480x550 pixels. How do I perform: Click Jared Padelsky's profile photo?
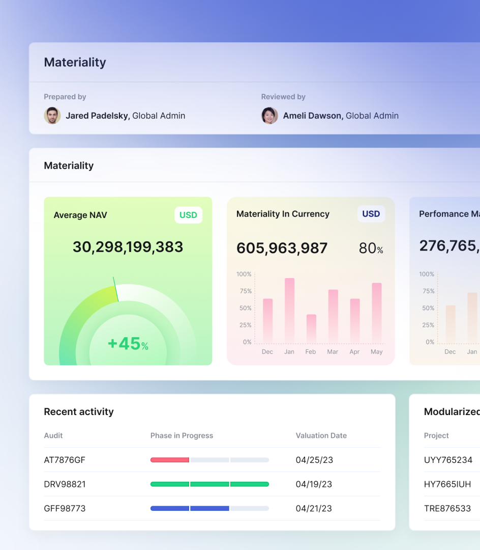pyautogui.click(x=52, y=116)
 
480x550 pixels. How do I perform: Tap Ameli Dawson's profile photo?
pyautogui.click(x=269, y=116)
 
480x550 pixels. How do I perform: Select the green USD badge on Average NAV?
pyautogui.click(x=188, y=215)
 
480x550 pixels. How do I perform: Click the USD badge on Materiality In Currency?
pyautogui.click(x=371, y=214)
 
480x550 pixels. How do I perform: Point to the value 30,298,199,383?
pyautogui.click(x=128, y=247)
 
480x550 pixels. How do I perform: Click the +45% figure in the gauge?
pyautogui.click(x=128, y=344)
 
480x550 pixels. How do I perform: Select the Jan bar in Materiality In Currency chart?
pyautogui.click(x=289, y=310)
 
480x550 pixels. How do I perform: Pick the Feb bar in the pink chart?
pyautogui.click(x=311, y=328)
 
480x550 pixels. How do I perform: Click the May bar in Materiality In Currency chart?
pyautogui.click(x=377, y=313)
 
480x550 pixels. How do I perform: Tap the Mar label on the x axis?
pyautogui.click(x=333, y=352)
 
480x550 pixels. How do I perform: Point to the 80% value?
pyautogui.click(x=371, y=249)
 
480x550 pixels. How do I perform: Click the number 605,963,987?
pyautogui.click(x=282, y=249)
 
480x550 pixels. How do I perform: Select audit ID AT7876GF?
pyautogui.click(x=65, y=460)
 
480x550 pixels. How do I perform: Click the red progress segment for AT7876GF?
pyautogui.click(x=170, y=460)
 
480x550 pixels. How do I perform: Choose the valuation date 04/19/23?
pyautogui.click(x=314, y=484)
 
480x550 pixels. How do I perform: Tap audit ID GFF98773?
pyautogui.click(x=65, y=508)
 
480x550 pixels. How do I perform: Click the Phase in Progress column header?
pyautogui.click(x=182, y=435)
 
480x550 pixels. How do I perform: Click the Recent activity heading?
pyautogui.click(x=79, y=411)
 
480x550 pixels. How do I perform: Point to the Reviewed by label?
pyautogui.click(x=283, y=97)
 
